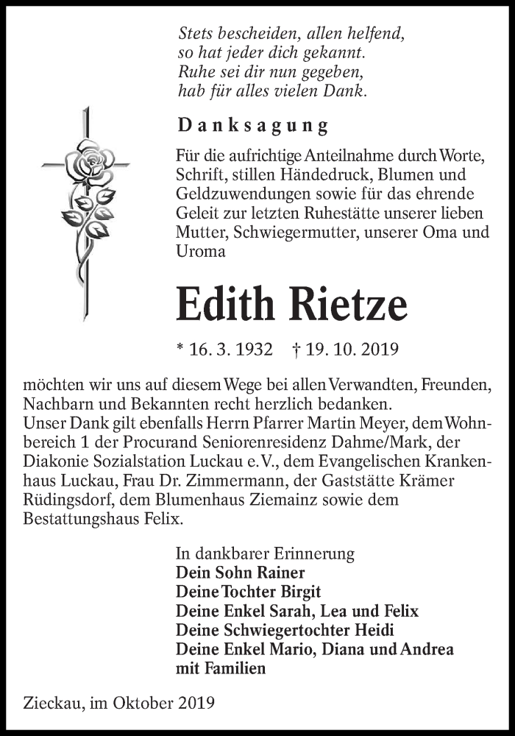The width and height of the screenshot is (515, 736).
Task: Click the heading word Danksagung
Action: point(252,125)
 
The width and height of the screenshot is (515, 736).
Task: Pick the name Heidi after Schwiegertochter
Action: point(374,630)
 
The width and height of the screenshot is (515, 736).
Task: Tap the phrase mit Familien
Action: point(221,669)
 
